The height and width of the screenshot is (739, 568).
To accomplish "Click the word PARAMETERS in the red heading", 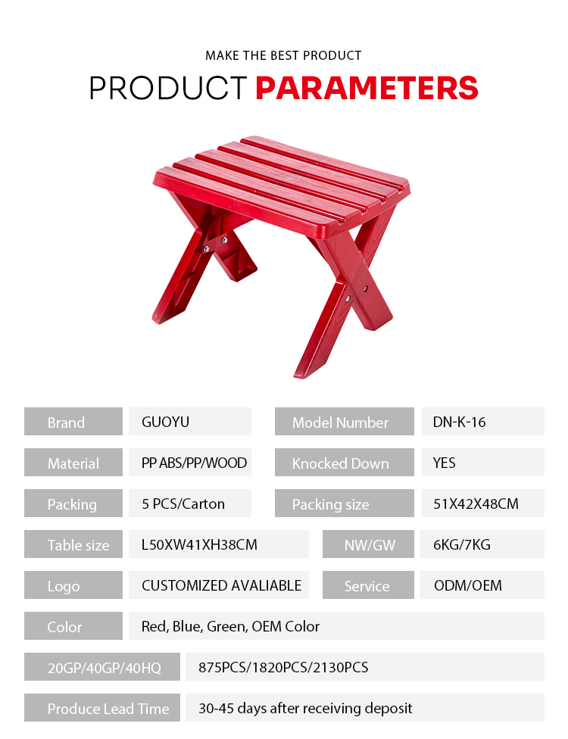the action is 367,88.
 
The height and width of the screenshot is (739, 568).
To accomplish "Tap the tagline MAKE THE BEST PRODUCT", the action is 283,55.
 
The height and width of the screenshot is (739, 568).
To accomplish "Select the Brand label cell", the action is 73,421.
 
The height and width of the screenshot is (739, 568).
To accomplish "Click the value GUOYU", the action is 165,422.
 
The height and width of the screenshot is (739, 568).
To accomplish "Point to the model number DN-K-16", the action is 459,422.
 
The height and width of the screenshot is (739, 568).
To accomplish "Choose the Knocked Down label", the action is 340,463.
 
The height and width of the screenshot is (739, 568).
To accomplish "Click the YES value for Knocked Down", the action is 444,463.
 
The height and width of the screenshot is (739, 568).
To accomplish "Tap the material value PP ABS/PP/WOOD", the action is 194,463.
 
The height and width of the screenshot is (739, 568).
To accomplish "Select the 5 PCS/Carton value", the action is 183,504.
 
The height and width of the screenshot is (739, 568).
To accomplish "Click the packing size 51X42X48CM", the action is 476,504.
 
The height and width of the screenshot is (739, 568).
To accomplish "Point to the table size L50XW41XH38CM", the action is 199,545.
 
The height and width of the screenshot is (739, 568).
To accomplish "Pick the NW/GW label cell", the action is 368,544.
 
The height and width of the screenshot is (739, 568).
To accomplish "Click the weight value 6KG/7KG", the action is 462,545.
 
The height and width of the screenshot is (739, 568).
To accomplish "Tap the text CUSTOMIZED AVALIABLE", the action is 222,585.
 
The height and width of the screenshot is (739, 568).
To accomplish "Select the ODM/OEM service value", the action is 468,585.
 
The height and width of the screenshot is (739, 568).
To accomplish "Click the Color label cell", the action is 73,626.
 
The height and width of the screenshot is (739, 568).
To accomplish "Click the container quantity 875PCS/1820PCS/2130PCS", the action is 283,667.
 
